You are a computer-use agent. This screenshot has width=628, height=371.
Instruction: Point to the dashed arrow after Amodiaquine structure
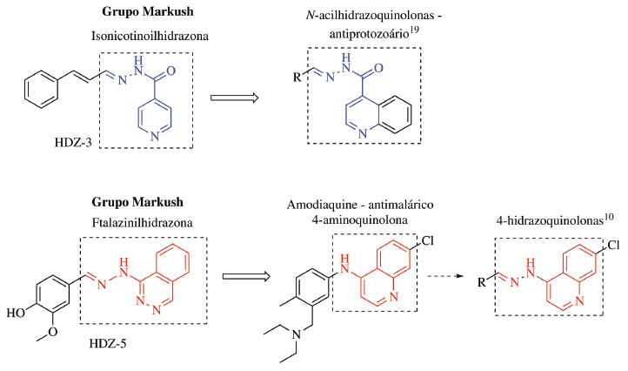[464, 278]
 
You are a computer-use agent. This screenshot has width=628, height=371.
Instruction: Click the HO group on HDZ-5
[15, 310]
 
